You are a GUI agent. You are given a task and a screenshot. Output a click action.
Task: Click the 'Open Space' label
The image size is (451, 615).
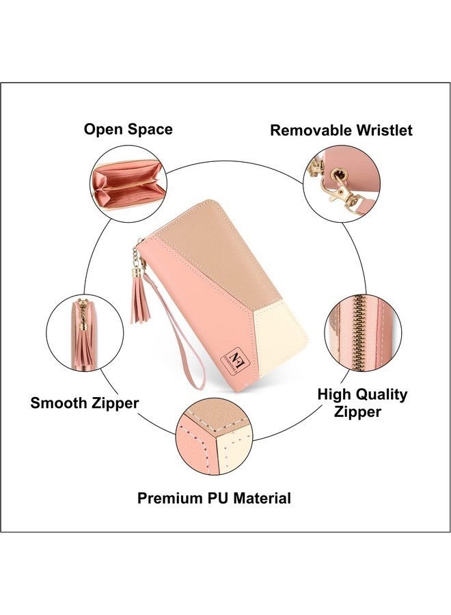(128, 129)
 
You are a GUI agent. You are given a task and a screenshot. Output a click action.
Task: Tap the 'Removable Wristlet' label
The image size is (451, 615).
(341, 131)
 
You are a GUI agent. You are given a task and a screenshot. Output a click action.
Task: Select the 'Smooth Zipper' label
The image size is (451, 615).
(84, 403)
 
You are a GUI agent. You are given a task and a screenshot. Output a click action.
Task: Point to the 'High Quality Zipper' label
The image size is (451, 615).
(362, 402)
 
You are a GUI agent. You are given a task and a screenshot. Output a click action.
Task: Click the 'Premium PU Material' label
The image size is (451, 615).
(214, 498)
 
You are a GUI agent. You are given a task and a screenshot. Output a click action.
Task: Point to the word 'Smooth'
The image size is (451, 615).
(59, 403)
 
